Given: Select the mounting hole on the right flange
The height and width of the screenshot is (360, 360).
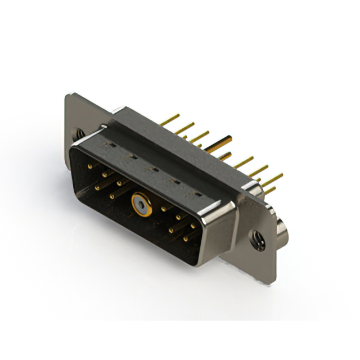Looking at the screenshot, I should point(259,241).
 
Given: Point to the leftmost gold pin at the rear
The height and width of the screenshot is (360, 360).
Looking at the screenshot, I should point(169,119).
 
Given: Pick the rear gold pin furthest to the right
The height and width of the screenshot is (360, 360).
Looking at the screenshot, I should point(273,179).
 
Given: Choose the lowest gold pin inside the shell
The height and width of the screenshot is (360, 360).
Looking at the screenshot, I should point(185,238).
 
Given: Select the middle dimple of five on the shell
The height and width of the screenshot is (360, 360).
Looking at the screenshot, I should point(152,168).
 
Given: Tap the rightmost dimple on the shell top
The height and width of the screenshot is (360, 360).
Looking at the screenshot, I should point(197,193).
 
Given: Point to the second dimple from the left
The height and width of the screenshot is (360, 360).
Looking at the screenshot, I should point(132,156).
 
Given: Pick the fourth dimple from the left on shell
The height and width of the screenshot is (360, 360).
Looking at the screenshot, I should point(175,181).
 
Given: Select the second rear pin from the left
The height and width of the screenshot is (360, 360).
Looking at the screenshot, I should point(184,128).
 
